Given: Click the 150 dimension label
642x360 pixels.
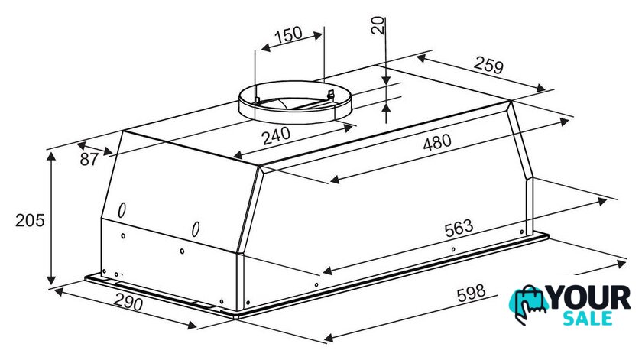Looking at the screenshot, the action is click(288, 35).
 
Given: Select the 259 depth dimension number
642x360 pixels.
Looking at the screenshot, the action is click(488, 65).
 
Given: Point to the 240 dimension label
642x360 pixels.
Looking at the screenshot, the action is click(277, 136).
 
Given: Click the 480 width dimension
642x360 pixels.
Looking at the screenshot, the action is click(437, 142).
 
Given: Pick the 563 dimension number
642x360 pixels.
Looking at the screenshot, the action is click(459, 228).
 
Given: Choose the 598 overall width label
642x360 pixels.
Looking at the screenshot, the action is click(472, 294).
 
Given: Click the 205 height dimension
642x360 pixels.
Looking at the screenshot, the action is click(30, 220).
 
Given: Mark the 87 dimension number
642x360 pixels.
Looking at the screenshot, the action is click(89, 159).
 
